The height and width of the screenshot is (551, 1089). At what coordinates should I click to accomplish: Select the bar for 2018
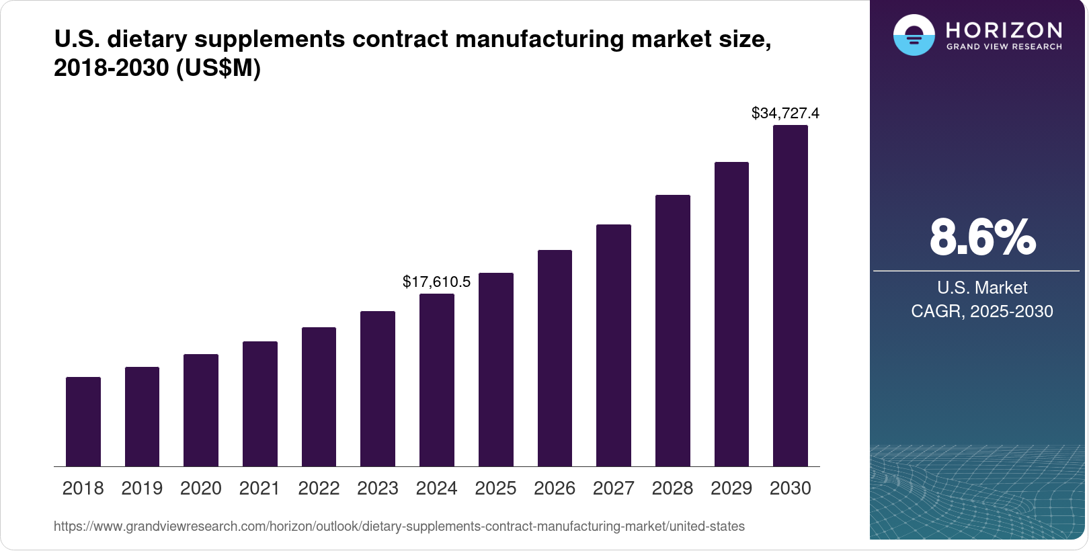click(83, 422)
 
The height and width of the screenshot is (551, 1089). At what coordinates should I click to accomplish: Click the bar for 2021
click(260, 404)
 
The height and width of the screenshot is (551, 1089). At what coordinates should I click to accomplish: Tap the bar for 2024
click(437, 380)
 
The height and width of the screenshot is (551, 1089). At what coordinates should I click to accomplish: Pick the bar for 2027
click(614, 345)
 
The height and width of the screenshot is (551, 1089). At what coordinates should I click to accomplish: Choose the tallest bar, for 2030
click(791, 296)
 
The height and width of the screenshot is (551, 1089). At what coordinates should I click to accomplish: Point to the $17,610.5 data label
click(437, 282)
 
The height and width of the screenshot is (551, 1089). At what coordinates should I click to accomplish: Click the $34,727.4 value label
click(785, 113)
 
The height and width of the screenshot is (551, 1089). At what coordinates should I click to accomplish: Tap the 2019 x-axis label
click(142, 489)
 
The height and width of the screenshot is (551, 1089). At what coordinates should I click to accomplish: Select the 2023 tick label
click(378, 489)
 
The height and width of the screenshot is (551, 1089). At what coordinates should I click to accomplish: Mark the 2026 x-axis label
click(555, 489)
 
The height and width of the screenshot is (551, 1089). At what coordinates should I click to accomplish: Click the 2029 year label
click(731, 489)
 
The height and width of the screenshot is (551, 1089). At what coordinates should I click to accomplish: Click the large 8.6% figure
click(982, 237)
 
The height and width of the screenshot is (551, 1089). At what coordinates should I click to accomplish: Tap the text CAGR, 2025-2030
click(982, 311)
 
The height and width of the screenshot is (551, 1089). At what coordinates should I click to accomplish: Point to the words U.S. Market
click(982, 288)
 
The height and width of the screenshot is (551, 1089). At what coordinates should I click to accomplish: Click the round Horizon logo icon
click(914, 35)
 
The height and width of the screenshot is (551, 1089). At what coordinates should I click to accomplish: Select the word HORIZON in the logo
click(1004, 30)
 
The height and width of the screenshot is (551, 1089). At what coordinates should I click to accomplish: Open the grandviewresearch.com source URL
click(399, 526)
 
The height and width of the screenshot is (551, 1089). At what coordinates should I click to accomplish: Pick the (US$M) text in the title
click(218, 68)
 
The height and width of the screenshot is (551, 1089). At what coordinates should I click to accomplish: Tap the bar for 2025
click(496, 370)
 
